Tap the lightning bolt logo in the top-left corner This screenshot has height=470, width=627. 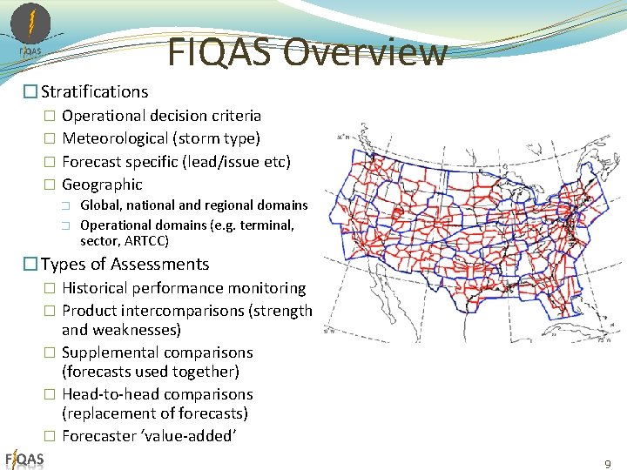click(31, 24)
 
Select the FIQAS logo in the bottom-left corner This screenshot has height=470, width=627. click(24, 459)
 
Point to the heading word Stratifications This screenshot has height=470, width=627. click(95, 91)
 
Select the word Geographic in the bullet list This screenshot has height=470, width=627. click(102, 185)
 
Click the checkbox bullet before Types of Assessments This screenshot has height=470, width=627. click(30, 265)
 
